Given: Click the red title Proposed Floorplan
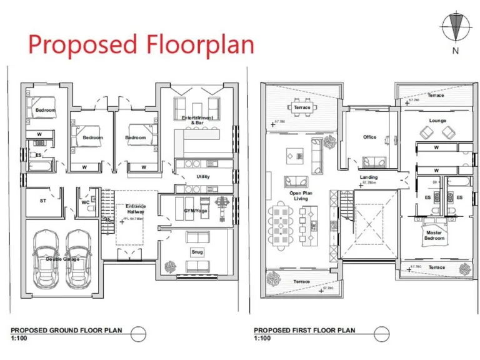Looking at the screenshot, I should click(x=141, y=45).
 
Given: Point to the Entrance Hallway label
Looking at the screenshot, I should click(x=136, y=209).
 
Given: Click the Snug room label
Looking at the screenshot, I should click(x=197, y=252).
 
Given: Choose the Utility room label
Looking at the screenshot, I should click(x=203, y=177).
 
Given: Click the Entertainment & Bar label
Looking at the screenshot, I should click(x=197, y=120).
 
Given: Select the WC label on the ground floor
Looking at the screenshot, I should click(x=86, y=202).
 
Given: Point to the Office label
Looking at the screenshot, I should click(x=369, y=137).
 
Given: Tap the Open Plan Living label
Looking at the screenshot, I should click(x=300, y=196).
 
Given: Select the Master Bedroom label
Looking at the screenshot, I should click(x=434, y=236).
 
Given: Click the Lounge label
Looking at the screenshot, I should click(x=437, y=121).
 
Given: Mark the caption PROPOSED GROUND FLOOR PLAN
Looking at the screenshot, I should click(x=66, y=330).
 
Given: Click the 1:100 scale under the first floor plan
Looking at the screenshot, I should click(x=262, y=338).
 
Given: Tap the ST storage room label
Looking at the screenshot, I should click(x=43, y=201).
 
